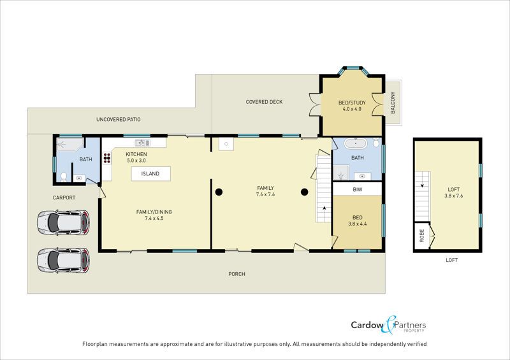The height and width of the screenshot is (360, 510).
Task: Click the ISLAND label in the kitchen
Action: point(150,174)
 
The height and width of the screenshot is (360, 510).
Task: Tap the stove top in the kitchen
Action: point(107,158)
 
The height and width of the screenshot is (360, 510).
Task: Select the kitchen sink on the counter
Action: point(142,143)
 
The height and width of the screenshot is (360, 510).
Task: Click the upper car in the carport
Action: point(63,222)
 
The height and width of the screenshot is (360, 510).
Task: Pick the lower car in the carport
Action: point(63,261)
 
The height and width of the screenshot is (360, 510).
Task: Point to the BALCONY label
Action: point(393,103)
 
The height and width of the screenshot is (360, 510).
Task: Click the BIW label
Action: point(358,189)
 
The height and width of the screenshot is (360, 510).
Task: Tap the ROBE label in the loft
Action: point(422,236)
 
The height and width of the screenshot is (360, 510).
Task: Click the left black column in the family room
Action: point(219,192)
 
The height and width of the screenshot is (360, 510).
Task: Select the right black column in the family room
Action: point(305,192)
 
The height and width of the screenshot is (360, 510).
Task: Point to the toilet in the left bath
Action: point(64,176)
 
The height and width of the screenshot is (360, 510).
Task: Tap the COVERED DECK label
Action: point(264,102)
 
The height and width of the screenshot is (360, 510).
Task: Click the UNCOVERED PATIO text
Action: point(119,119)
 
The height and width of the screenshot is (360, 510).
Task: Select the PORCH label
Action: point(237,274)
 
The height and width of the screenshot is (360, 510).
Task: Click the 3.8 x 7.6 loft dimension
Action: point(454,196)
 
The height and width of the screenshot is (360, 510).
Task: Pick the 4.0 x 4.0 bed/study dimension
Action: point(352,109)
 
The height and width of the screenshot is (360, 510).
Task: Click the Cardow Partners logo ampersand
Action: point(390,324)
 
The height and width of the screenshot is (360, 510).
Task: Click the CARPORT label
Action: point(64,198)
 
